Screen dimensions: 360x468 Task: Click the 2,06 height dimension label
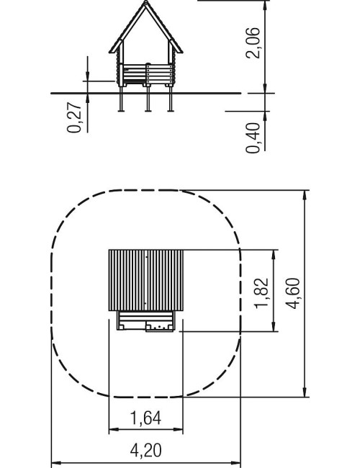click(253, 42)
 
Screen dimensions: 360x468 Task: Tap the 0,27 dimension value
click(74, 117)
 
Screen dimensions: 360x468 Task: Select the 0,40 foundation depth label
click(253, 138)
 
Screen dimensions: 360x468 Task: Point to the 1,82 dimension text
click(261, 293)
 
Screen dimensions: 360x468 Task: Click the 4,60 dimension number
click(292, 293)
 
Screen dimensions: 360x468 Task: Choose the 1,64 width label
click(146, 418)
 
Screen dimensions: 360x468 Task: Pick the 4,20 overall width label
click(146, 451)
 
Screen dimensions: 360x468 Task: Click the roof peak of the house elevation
click(145, 1)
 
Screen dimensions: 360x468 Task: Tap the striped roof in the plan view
click(145, 280)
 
